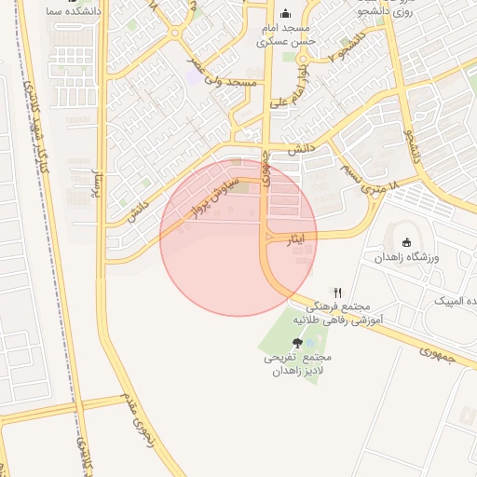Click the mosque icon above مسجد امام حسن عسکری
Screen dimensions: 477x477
coord(285,14)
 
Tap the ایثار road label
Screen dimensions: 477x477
coord(294,239)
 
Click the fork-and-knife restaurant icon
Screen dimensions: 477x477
coord(337,292)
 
